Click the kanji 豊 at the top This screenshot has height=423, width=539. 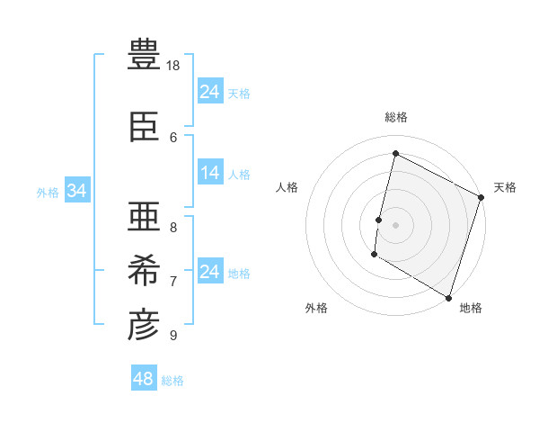144,55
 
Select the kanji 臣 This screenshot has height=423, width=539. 144,129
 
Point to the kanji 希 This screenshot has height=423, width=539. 144,270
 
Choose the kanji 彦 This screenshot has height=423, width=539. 144,325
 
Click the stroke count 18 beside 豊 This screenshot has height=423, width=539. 174,66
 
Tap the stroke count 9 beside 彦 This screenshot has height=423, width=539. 173,336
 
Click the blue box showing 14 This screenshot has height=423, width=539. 210,173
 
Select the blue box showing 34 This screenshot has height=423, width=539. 76,191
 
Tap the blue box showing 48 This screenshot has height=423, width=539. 144,379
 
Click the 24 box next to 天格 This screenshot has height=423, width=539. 210,91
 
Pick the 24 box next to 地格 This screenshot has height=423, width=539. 210,272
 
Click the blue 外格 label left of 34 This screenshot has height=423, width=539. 48,192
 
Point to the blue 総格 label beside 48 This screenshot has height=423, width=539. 172,381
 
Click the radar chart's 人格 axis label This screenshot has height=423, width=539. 287,187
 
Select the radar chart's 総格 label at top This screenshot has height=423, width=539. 395,117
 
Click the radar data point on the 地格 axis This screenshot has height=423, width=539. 447,297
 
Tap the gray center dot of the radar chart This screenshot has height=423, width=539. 395,224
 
